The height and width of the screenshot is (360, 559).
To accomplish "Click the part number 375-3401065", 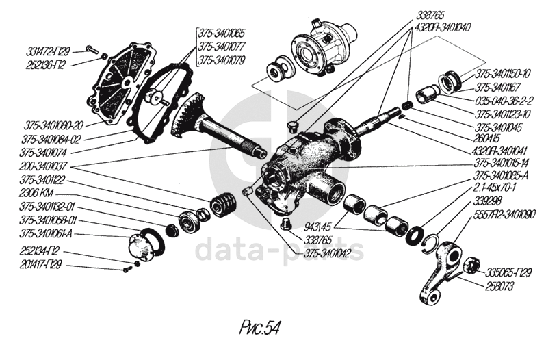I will point(222,32).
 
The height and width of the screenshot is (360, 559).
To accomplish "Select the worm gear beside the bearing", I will point(224,205).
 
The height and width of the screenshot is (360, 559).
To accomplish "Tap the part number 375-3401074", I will point(47,152).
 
